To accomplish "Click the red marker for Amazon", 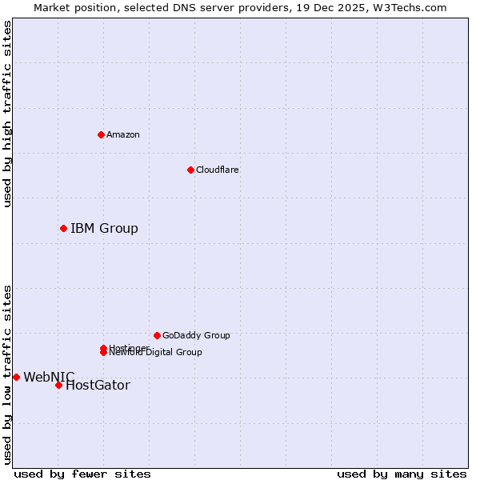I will [x=101, y=134].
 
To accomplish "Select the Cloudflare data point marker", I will [x=190, y=170].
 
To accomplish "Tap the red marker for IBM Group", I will [x=63, y=229].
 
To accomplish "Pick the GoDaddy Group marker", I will [x=157, y=335].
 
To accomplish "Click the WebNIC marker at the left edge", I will [x=16, y=377].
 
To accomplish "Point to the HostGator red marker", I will [x=58, y=385].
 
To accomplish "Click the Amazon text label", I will [x=123, y=134].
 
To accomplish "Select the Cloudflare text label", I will [x=218, y=170].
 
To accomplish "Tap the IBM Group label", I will [x=104, y=229].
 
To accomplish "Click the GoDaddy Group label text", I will [x=196, y=335].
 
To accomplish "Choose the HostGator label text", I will [x=98, y=386].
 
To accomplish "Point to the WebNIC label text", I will [x=49, y=377].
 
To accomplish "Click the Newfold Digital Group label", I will [x=156, y=353].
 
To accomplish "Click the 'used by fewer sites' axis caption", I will [x=82, y=474].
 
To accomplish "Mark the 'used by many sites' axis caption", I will [x=402, y=474].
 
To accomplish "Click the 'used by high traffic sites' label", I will [x=7, y=114].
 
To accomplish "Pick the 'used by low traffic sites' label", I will [x=7, y=374].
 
